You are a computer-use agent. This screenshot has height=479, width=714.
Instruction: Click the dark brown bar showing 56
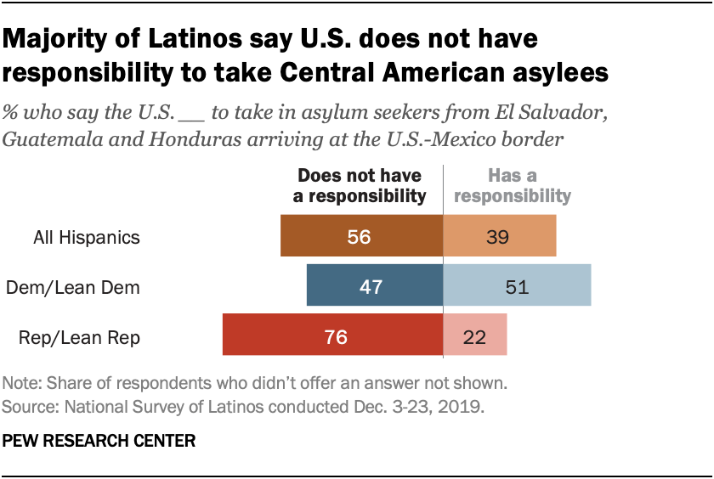click(361, 236)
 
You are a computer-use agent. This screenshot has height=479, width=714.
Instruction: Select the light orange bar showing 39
click(500, 236)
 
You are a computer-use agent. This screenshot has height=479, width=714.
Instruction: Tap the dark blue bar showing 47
click(374, 285)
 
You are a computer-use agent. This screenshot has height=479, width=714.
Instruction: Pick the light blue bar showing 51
click(517, 285)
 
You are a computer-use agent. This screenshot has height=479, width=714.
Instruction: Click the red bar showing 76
click(332, 335)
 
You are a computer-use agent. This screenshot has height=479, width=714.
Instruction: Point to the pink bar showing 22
click(475, 335)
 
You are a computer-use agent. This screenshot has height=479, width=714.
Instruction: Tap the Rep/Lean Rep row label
click(79, 337)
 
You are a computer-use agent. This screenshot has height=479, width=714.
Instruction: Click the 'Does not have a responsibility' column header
click(361, 186)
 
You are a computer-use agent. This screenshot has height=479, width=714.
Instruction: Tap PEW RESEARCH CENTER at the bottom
click(99, 441)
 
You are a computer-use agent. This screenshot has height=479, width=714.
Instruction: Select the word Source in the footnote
click(26, 407)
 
